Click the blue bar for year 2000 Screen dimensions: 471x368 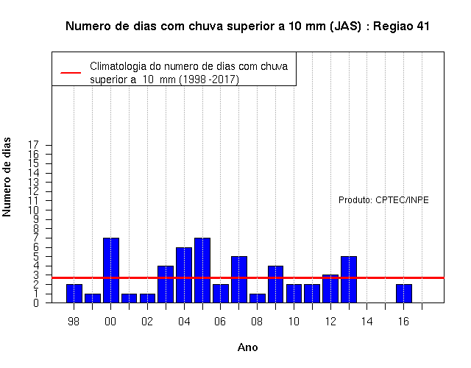coord(111,270)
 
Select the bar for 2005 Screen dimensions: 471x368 coord(202,270)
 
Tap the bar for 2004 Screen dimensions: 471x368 coord(184,275)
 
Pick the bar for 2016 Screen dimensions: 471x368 coord(404,293)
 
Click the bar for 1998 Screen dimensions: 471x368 coord(74,293)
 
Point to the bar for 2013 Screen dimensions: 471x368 coord(349,280)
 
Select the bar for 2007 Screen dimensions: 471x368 coord(239,280)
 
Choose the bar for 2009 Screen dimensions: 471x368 coord(275,284)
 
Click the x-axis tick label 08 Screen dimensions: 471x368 coord(257,322)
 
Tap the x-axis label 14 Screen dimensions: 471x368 coord(366,322)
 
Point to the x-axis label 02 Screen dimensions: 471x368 coord(147,322)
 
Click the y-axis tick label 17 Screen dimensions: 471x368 coord(33,145)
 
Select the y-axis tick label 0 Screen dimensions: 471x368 coord(36,302)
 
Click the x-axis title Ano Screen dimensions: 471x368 coord(247,347)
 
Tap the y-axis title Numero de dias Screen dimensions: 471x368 coord(7,177)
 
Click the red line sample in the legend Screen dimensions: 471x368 coord(71,73)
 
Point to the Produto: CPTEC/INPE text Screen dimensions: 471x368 coord(383,199)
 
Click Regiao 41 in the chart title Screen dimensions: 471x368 coord(401,26)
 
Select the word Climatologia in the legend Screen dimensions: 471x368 coord(118,66)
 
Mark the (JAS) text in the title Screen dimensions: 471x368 coord(345,26)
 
